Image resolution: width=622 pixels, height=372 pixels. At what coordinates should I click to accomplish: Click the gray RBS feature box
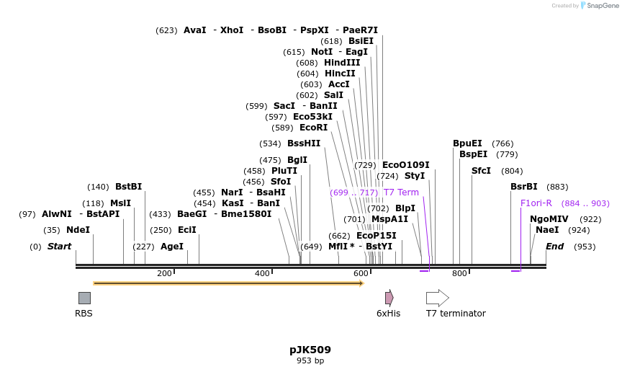point(84,298)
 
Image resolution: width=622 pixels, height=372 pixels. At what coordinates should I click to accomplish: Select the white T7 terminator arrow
point(437,298)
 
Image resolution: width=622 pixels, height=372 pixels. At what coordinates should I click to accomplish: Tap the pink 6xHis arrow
point(389,298)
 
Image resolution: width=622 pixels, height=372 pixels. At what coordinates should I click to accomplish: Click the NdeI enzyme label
point(78,230)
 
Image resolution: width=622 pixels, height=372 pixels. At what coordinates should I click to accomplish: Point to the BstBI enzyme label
point(128,187)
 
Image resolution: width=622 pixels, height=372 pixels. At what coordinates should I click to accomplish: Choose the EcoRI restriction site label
point(313,128)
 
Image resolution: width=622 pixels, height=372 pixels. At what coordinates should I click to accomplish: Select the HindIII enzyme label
point(342,63)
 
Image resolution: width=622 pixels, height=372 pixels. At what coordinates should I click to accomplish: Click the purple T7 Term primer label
point(401,192)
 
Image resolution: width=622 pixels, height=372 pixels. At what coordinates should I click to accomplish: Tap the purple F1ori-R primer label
point(536,203)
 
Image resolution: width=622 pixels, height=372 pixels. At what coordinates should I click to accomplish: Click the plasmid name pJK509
point(310,350)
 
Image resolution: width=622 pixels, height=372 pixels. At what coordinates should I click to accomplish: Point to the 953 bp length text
point(310,360)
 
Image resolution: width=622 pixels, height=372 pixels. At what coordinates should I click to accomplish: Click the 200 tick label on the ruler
point(164,273)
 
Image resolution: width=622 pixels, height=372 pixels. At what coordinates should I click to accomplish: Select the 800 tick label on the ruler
point(459,273)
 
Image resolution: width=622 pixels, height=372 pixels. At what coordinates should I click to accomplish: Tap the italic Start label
point(60,247)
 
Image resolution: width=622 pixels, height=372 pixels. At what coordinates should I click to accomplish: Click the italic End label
point(554,247)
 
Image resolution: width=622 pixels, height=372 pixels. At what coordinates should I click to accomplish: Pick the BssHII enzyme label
point(304,143)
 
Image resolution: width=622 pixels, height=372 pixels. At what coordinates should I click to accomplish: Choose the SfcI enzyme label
point(481,171)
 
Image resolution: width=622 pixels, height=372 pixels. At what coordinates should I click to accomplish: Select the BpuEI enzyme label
point(467,143)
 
